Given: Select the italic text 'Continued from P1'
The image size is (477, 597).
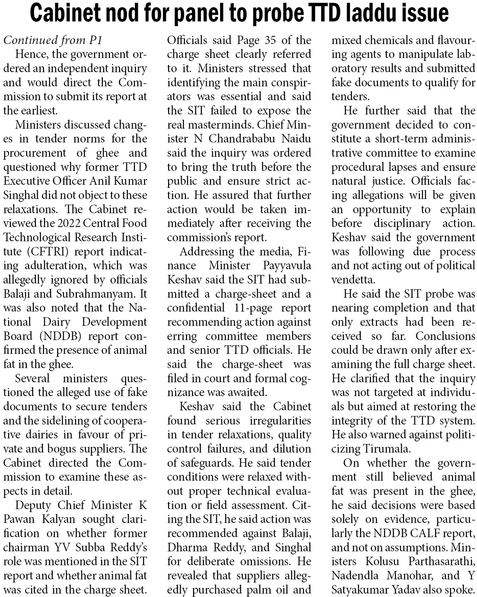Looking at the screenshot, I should tap(53, 40).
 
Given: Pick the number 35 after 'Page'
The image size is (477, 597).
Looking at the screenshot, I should tap(270, 40).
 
